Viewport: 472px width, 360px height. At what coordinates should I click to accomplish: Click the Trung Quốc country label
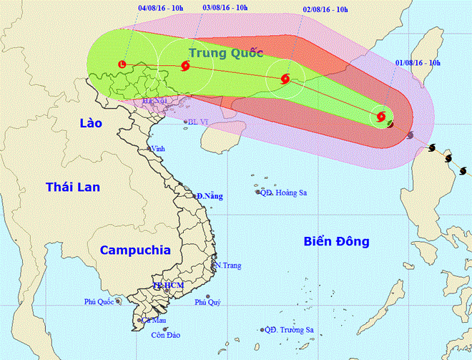[226, 52]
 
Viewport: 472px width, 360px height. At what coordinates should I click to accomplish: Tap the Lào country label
[89, 124]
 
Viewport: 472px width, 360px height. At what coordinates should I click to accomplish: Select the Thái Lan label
[72, 187]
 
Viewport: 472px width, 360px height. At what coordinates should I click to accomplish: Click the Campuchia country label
[135, 250]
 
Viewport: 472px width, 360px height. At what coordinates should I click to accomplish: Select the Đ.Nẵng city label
[210, 196]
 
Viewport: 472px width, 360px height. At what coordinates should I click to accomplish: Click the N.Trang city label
[227, 266]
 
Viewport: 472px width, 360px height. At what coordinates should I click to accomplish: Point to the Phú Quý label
[208, 303]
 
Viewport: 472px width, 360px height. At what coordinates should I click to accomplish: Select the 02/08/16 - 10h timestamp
[325, 9]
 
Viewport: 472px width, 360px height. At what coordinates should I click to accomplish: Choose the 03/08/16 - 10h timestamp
[225, 7]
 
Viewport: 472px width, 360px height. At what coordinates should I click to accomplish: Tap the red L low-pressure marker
[122, 65]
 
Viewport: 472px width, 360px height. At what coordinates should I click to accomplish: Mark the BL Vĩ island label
[198, 122]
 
